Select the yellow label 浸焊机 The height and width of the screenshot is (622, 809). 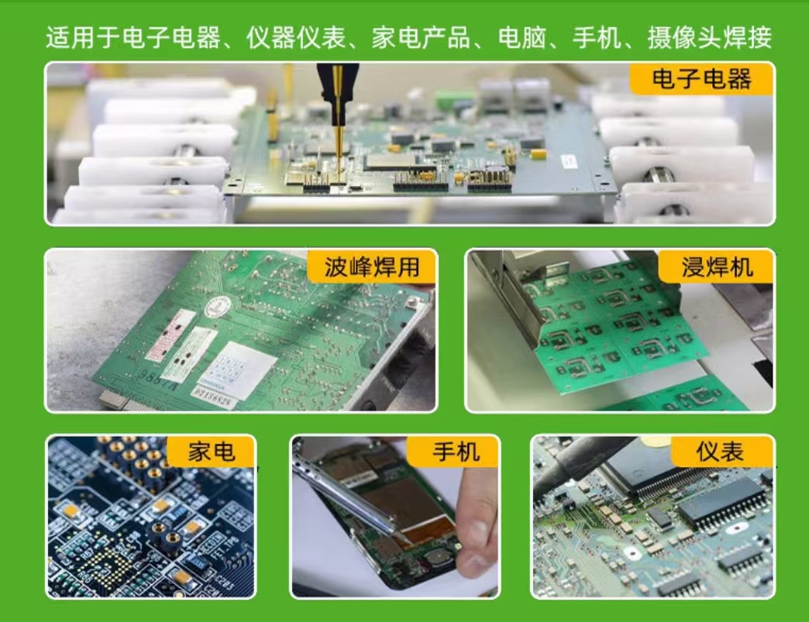[x=716, y=267]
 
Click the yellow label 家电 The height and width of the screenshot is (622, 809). [x=211, y=452]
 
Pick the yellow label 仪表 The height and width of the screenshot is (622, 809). [x=721, y=452]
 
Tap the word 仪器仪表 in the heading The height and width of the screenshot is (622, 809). [x=295, y=37]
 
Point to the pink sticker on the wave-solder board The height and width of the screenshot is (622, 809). [x=170, y=335]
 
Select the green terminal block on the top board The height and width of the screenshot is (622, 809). [x=448, y=100]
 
